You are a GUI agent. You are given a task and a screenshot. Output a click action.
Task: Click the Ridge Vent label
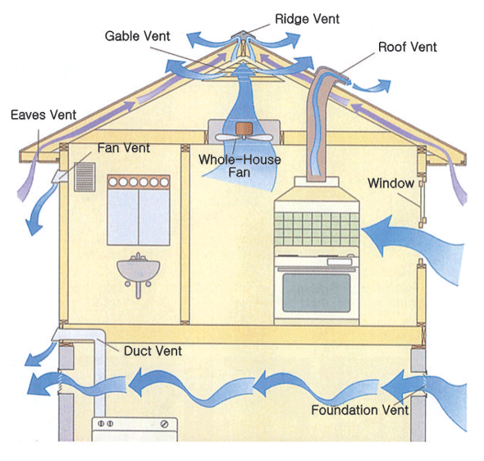click(x=307, y=19)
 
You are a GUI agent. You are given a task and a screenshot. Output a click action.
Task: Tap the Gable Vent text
click(x=137, y=36)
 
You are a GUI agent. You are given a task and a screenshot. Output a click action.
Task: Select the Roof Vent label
click(x=408, y=47)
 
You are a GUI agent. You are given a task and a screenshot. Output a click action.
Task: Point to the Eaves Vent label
click(x=43, y=115)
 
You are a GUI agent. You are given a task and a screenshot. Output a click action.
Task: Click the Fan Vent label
click(x=124, y=148)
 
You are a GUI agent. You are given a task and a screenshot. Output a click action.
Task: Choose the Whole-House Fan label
click(x=240, y=165)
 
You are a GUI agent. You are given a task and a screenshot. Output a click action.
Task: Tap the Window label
click(x=390, y=183)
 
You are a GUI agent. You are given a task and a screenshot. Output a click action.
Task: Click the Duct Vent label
click(x=153, y=351)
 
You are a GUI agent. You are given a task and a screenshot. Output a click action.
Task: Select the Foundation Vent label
click(x=360, y=410)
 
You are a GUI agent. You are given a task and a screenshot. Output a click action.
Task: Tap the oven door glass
click(x=317, y=293)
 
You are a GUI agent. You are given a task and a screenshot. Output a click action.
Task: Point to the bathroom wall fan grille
click(x=84, y=177)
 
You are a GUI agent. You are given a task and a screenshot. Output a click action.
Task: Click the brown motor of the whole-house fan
click(x=244, y=129)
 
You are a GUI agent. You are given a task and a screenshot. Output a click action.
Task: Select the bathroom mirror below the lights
click(x=139, y=217)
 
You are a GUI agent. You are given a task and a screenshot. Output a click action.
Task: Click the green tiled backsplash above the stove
click(x=317, y=228)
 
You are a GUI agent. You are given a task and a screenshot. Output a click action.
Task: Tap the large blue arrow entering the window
click(x=413, y=243)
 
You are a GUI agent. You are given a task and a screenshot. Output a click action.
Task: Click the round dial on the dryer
click(x=165, y=424)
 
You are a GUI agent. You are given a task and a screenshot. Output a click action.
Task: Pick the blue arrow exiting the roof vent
click(x=372, y=86)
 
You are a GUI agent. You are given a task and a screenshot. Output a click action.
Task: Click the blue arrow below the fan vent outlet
click(x=39, y=210)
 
